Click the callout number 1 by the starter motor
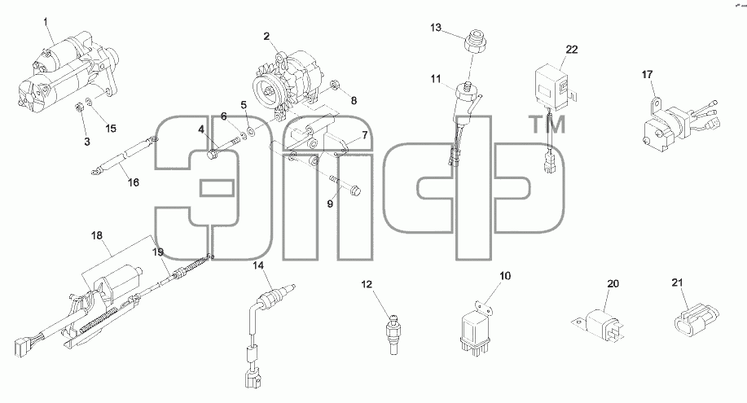click(46, 21)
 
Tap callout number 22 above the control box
click(572, 49)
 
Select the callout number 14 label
click(257, 265)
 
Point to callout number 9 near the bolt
click(330, 204)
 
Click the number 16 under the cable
click(134, 182)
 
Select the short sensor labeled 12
click(393, 334)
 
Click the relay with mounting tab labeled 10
click(474, 326)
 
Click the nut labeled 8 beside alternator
click(335, 86)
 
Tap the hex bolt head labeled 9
click(355, 191)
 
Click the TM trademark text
click(548, 125)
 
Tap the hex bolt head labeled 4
click(213, 155)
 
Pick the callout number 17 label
click(647, 75)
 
